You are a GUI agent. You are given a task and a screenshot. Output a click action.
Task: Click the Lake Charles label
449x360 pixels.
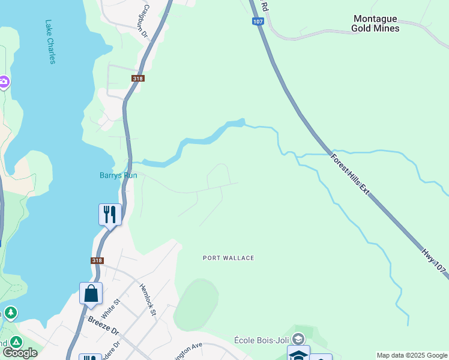(50, 42)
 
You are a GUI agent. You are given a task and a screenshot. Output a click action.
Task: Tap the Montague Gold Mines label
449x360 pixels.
(376, 23)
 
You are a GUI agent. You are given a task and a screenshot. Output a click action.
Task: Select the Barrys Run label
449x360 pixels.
(118, 175)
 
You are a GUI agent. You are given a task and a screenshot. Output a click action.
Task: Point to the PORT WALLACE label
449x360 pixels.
(228, 258)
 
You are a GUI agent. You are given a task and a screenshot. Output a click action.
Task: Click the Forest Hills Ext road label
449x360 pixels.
(350, 174)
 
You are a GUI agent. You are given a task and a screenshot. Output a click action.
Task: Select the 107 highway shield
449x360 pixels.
(258, 22)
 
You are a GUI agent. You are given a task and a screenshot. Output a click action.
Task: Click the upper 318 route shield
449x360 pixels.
(138, 79)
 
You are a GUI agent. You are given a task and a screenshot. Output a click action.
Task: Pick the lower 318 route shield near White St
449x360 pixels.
(97, 260)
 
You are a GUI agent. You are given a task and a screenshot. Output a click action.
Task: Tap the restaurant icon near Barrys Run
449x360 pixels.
(110, 214)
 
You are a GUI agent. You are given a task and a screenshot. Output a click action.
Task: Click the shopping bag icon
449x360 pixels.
(91, 293)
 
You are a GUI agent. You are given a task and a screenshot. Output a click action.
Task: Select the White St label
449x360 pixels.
(107, 310)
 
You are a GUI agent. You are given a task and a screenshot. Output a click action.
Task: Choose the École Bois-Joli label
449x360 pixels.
(263, 340)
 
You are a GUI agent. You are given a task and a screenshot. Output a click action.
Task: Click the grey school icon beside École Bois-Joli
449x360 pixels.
(298, 340)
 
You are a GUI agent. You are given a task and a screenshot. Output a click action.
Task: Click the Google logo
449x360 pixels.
(20, 353)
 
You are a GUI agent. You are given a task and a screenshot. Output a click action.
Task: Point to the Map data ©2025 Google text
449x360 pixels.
(412, 355)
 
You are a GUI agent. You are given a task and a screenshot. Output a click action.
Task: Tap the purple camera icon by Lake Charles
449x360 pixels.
(4, 82)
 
